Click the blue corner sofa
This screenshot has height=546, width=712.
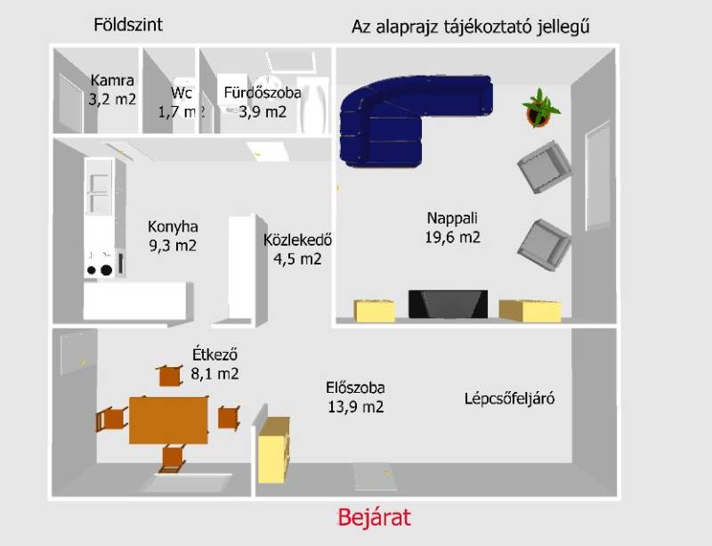tap(409, 119)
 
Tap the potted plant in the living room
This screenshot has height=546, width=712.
tap(541, 108)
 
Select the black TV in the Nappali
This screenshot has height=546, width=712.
tap(449, 304)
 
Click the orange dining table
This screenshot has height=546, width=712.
tap(168, 420)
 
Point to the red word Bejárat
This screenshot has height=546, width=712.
tap(374, 517)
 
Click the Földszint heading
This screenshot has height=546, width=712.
tap(128, 25)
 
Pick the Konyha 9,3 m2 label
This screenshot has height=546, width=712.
tap(173, 236)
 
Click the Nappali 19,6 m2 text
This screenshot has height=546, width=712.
tap(452, 227)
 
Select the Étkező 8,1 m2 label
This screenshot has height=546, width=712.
tap(214, 364)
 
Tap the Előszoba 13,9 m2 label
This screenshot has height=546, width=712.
tap(355, 397)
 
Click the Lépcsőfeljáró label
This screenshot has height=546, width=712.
tap(509, 399)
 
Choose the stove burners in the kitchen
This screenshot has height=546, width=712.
tap(100, 270)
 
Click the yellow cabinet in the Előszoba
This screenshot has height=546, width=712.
tap(274, 450)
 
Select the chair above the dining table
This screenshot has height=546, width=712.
tap(170, 376)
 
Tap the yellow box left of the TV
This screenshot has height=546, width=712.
tap(375, 311)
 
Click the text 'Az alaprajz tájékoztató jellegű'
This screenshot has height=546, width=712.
tap(471, 27)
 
